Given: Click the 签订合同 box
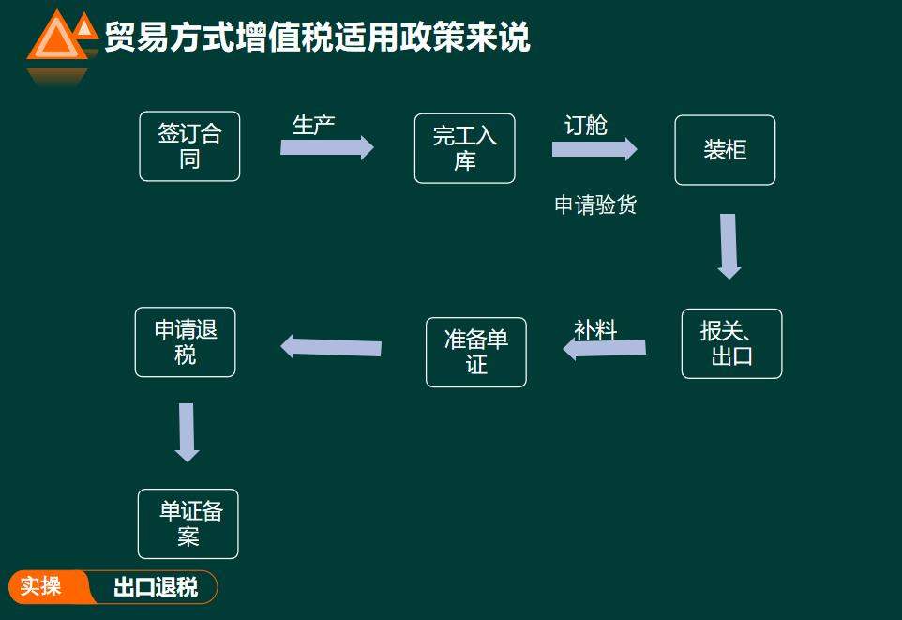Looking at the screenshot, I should point(189,146).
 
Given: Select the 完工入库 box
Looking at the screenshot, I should point(464,148).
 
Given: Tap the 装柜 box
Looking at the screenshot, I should point(725,150).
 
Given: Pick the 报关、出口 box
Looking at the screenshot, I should point(731,343).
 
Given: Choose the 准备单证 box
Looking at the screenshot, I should point(475,352).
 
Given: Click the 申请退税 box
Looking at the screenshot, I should point(185,342).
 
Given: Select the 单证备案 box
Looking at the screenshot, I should point(188,523).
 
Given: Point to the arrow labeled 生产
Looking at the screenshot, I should point(326,147).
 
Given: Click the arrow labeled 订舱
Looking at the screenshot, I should point(594,149).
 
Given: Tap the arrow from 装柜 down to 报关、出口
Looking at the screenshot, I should point(729,246).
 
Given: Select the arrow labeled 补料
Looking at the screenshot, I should point(605,349).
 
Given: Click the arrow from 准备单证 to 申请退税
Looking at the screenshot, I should point(331,347).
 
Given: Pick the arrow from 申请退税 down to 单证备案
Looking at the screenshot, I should point(187,432).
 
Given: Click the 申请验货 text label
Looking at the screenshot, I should point(595,204).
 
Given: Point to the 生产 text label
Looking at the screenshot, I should point(313,125).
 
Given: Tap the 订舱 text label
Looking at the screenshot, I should point(585,125).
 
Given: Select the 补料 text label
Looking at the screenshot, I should point(595,330).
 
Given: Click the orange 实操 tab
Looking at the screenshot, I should point(42,587).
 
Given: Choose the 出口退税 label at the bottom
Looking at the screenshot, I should point(156,588).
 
